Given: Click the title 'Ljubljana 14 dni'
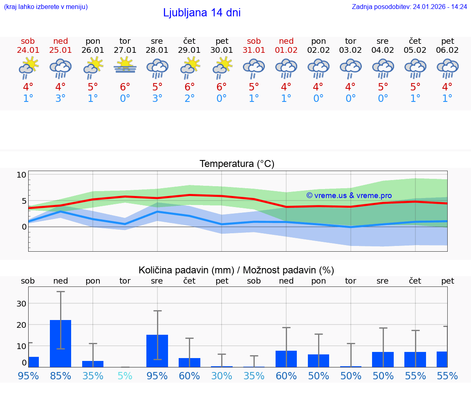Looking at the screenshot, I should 202,13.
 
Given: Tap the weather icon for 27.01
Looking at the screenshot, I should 125,65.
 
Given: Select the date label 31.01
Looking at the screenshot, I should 254,50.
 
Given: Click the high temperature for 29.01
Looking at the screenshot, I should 189,87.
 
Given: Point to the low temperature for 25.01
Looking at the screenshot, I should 61,99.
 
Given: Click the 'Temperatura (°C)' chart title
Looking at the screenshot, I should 237,164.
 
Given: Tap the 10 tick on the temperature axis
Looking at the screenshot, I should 21,175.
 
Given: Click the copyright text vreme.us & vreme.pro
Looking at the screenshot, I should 349,195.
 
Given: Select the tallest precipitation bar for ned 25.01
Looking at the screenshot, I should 61,343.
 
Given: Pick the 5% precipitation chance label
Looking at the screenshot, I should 125,376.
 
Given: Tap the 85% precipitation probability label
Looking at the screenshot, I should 61,376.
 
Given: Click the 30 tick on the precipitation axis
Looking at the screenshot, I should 21,304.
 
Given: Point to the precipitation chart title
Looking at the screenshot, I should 236,270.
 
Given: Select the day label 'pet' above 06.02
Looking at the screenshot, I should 448,41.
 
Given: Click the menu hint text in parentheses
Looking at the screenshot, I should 46,7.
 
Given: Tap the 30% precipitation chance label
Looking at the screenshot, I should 222,376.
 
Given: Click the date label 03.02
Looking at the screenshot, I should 350,50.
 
